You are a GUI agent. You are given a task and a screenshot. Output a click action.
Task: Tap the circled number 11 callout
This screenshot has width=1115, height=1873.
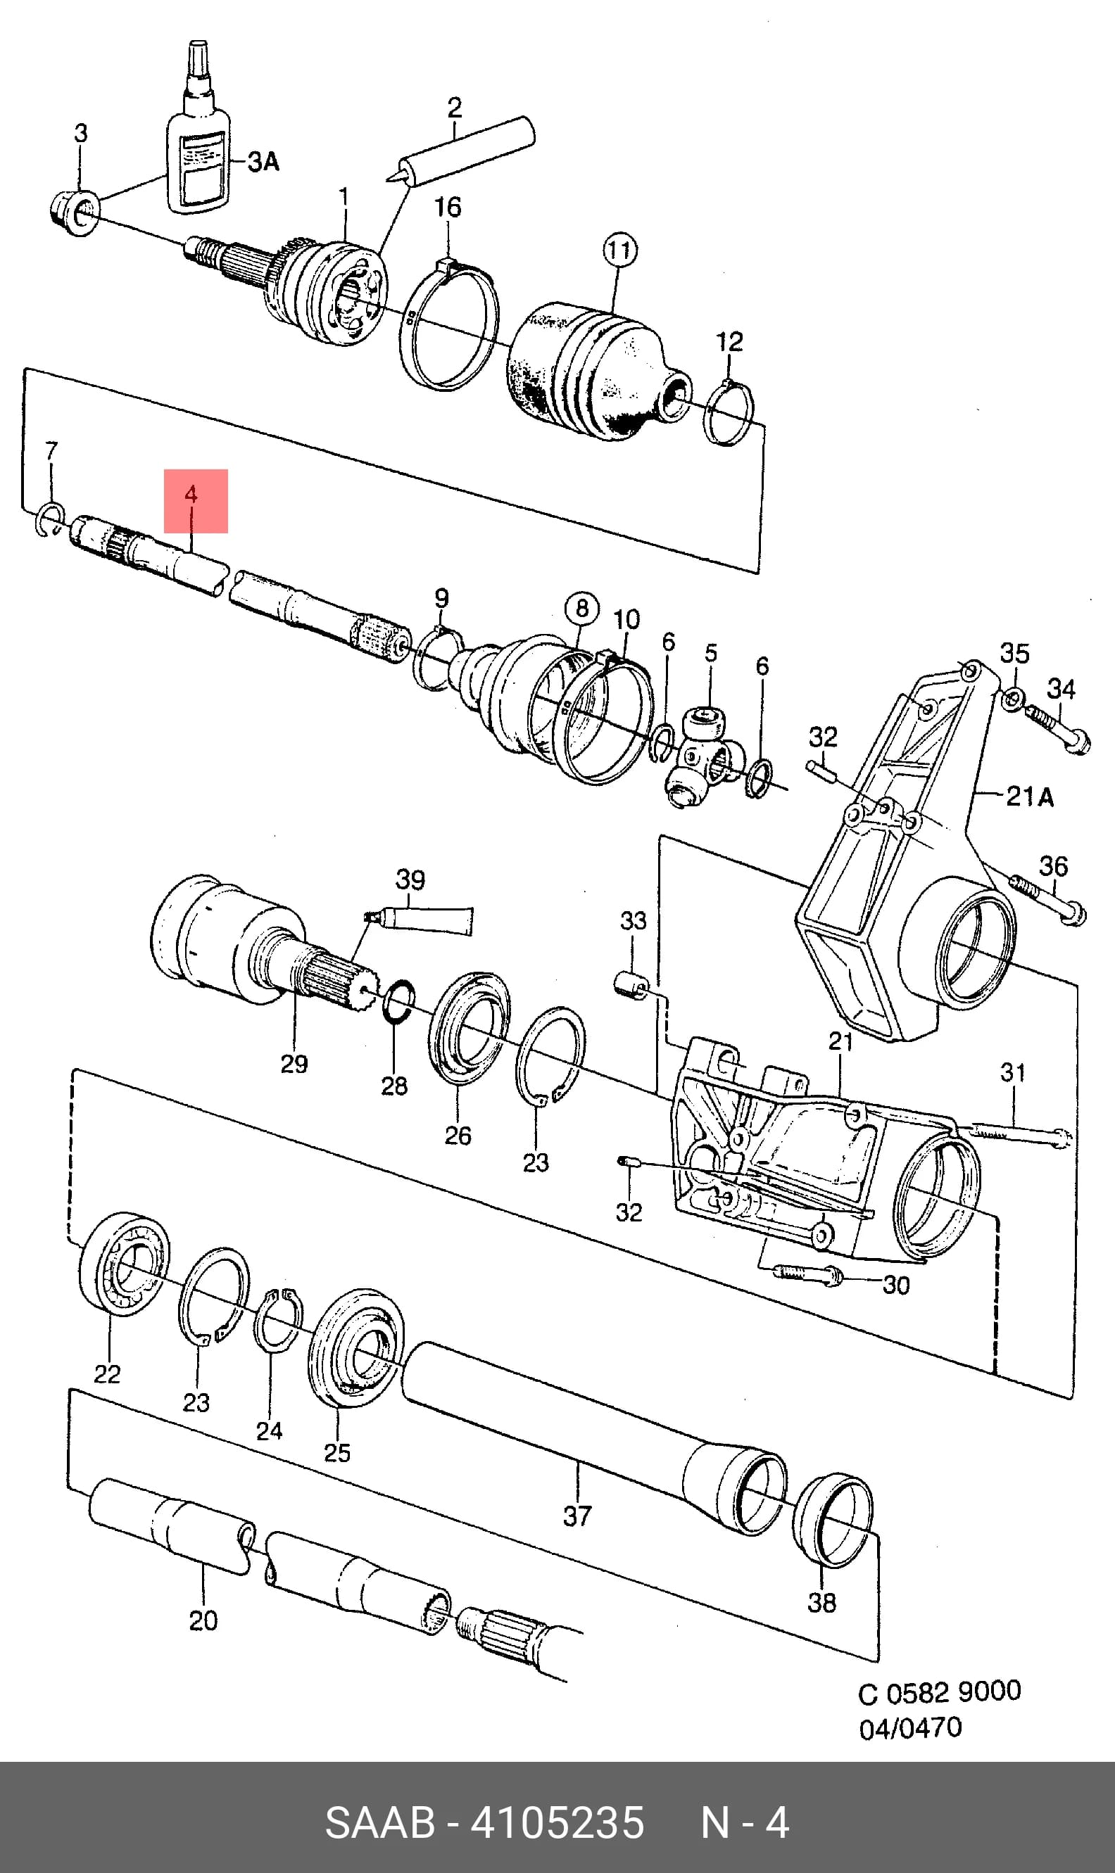[620, 250]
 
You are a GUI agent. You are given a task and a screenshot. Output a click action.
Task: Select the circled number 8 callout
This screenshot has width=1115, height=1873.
[582, 609]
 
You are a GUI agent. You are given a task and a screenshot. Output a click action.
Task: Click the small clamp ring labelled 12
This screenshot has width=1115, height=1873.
[728, 414]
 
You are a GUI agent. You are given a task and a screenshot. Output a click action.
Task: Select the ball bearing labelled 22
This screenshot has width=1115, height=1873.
[124, 1263]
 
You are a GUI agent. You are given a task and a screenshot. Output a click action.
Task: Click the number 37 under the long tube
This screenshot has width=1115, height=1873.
[578, 1516]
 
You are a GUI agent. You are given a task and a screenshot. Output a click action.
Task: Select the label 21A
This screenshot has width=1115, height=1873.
[1029, 795]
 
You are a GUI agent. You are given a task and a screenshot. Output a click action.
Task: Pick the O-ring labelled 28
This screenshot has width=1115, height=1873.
[398, 1001]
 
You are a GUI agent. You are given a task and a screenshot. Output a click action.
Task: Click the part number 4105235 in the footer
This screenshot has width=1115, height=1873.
[557, 1822]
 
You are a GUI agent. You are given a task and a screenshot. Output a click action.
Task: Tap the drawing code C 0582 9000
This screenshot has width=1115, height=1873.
[939, 1692]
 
